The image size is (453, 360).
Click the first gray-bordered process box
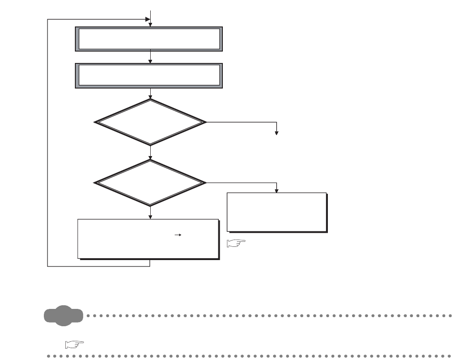149,39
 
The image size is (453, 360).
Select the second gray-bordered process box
149,75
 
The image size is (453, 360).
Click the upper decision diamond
150,122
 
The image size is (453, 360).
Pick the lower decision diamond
150,183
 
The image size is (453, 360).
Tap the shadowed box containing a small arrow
148,239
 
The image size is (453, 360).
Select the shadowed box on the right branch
277,212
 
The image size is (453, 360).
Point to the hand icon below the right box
236,244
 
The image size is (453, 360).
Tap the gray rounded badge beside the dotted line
64,315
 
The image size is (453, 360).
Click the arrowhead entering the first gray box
150,25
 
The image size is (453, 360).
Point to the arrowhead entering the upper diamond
150,97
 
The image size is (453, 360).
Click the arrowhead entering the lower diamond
150,157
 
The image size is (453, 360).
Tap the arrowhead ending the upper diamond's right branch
276,133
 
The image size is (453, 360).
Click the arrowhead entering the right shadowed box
276,190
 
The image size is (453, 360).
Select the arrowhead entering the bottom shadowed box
150,217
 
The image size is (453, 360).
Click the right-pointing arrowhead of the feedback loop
147,20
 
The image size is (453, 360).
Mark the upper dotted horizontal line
269,315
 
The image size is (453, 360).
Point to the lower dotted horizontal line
249,355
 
